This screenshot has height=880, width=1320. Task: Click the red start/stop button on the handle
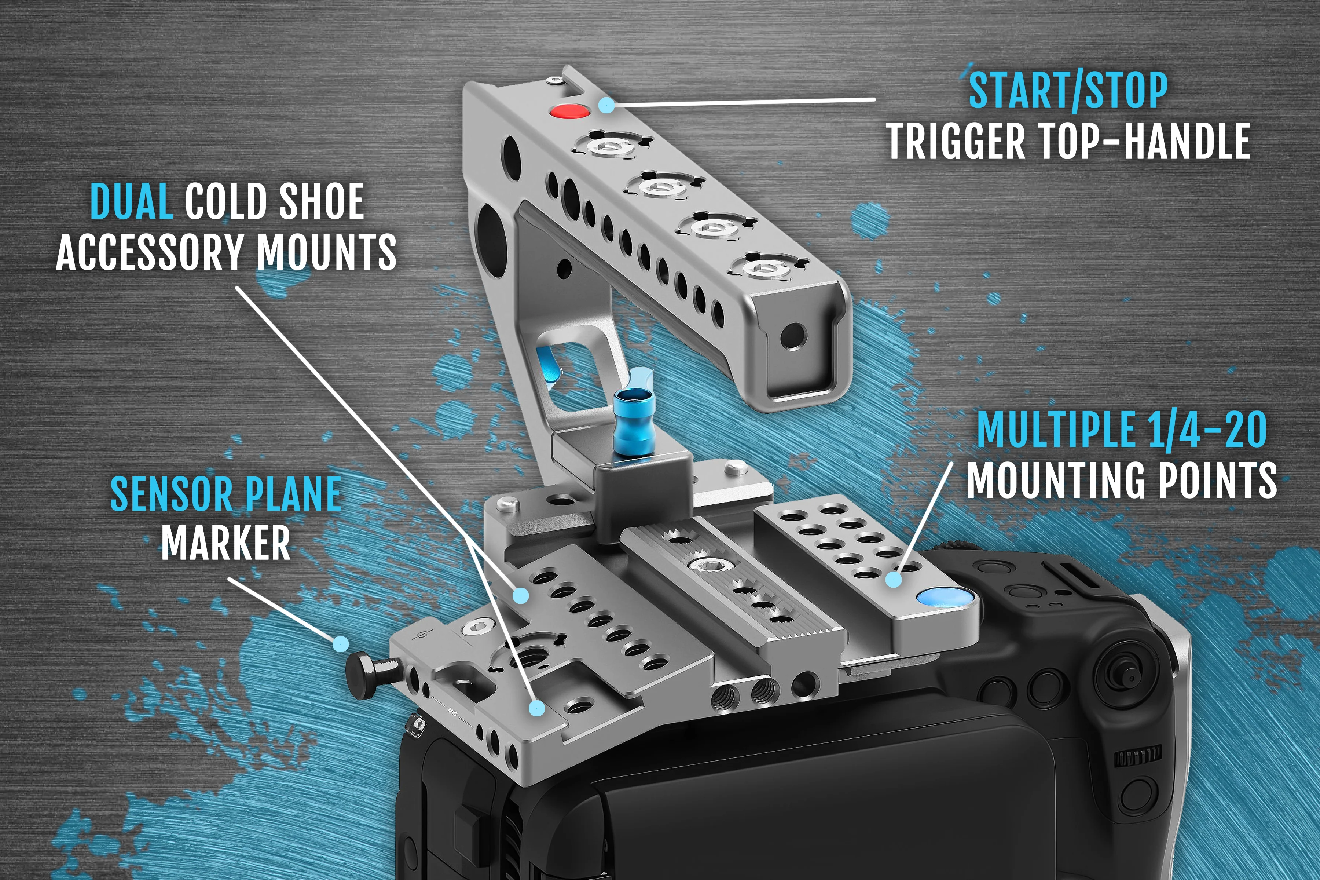coord(569,111)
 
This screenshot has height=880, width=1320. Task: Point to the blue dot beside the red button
coord(606,105)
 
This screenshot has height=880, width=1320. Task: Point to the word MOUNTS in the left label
coord(326,252)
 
